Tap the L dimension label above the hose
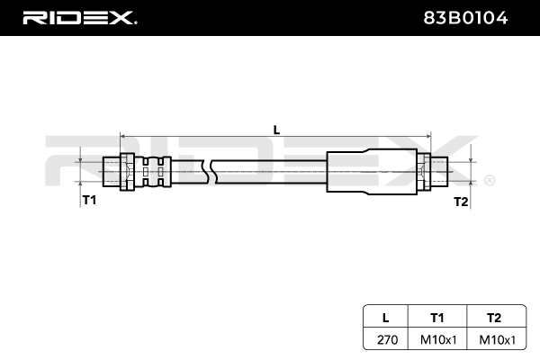click(276, 129)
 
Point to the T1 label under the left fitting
click(89, 200)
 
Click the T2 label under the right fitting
click(461, 201)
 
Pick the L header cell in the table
click(385, 317)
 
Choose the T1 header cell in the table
click(437, 317)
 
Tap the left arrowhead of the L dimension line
click(123, 138)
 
